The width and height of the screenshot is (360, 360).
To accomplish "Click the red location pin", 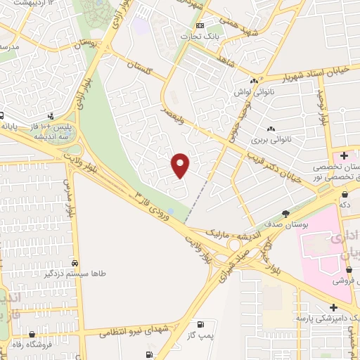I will click(181, 165).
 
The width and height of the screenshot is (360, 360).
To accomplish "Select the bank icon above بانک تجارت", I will click(200, 26).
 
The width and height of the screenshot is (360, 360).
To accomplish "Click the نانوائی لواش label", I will click(250, 91).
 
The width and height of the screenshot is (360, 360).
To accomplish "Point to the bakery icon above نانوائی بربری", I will click(271, 128).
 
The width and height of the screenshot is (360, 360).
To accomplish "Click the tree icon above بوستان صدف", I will click(285, 213).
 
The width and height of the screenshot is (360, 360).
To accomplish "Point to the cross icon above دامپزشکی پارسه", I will click(333, 307).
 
